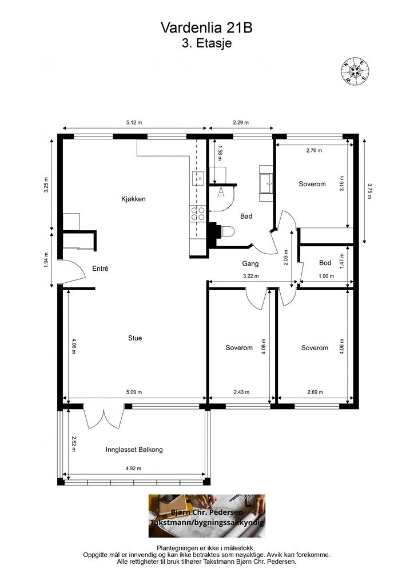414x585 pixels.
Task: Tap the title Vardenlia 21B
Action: coord(206,28)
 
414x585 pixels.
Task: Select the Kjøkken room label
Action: coord(133,199)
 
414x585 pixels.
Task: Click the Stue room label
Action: coord(135,338)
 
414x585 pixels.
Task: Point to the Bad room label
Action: coord(246,216)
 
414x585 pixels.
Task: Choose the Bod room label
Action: coord(325,263)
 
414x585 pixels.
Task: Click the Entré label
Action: coord(100,269)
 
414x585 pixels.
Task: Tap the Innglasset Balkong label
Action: coord(134,450)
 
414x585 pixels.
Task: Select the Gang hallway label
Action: coord(250,263)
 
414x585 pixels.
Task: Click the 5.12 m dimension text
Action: coord(134,122)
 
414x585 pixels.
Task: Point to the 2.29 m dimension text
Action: coord(241,122)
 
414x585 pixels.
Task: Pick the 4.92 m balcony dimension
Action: coord(133,468)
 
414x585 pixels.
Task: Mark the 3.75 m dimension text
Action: coord(369,191)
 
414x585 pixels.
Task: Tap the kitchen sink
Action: coord(198,179)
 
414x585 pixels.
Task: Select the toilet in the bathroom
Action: coord(227,232)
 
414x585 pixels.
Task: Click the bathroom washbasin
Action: coord(266,183)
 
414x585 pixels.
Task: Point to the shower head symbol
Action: coord(221,192)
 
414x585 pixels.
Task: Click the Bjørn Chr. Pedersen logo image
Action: coord(207,516)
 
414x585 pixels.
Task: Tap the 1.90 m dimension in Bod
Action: coord(326,276)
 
